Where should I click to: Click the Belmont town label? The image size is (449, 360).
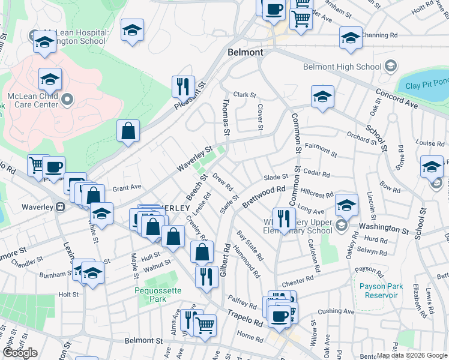[246, 53]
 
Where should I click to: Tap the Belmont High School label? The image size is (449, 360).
[342, 67]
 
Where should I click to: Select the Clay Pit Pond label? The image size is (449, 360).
[427, 85]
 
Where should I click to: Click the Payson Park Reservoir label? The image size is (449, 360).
[381, 290]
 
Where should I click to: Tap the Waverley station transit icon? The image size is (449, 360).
[60, 207]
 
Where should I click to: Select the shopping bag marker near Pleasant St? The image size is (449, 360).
[128, 130]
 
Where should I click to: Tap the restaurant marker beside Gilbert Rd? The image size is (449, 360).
[206, 276]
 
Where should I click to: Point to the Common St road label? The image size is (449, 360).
[295, 133]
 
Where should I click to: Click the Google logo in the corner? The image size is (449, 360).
[20, 353]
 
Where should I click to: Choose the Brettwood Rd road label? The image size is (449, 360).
[264, 197]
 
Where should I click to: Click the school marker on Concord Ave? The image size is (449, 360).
[322, 97]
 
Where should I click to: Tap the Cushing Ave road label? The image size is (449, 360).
[336, 311]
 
